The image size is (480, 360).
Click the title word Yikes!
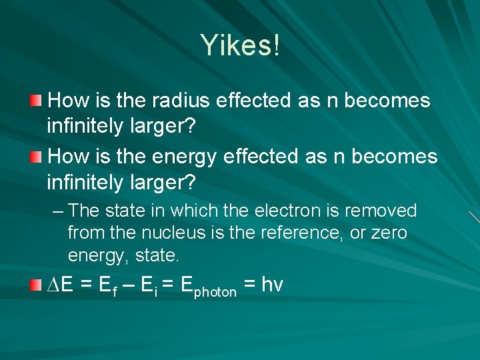pyautogui.click(x=240, y=45)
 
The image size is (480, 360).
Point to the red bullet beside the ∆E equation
pyautogui.click(x=35, y=285)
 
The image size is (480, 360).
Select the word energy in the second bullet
pyautogui.click(x=185, y=157)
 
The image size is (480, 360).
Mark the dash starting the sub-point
pyautogui.click(x=58, y=211)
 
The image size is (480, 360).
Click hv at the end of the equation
pyautogui.click(x=272, y=285)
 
